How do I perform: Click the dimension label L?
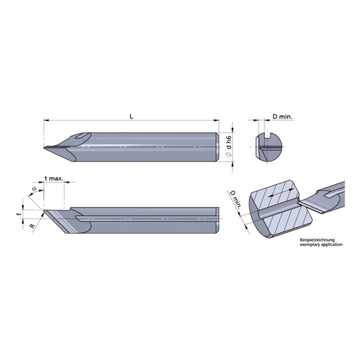tap(131, 116)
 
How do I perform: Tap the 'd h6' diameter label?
tap(229, 142)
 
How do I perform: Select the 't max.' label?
tap(54, 178)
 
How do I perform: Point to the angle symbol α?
tap(34, 188)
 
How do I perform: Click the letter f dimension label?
tap(20, 214)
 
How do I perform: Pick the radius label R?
tap(33, 225)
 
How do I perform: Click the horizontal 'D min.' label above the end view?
tap(283, 116)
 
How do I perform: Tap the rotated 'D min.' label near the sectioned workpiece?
tap(235, 200)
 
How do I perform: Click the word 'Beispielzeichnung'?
tap(317, 240)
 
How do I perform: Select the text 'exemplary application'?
tap(321, 245)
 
